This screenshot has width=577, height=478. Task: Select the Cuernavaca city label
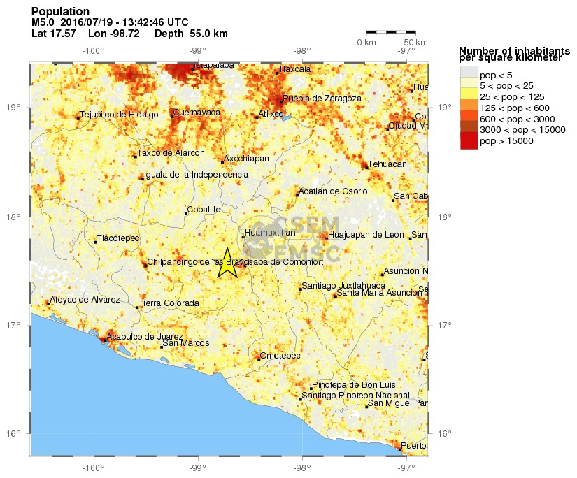(x=197, y=112)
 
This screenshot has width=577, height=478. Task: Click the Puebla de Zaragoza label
(x=322, y=99)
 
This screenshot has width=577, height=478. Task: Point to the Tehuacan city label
(x=387, y=164)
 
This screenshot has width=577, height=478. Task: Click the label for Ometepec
(x=280, y=356)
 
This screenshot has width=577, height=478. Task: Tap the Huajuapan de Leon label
(x=366, y=235)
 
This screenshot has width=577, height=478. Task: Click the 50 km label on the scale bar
(x=416, y=43)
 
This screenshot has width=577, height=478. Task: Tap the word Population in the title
(x=61, y=12)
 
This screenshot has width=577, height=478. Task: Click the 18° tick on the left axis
(x=15, y=217)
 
